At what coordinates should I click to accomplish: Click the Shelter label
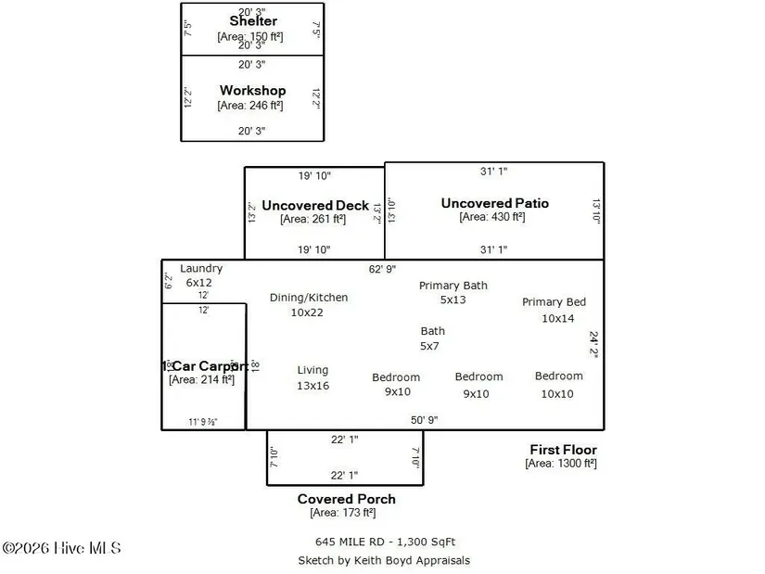252,20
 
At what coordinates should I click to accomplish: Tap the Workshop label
252,91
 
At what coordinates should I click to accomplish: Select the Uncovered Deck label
315,205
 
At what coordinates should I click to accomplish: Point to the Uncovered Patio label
494,203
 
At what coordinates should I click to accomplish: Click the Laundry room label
201,269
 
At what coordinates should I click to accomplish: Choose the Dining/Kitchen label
309,298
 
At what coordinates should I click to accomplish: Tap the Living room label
312,370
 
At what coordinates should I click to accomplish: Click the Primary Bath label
453,286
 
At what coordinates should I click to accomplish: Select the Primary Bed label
554,302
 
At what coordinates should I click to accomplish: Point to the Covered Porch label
345,499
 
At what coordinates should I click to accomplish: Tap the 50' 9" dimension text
426,420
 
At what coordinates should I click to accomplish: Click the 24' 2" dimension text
594,345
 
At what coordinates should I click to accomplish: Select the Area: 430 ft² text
491,217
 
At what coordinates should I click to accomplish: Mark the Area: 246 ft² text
250,105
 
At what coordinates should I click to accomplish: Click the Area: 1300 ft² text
560,463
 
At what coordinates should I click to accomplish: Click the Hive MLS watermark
61,549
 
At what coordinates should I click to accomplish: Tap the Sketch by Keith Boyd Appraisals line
383,560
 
